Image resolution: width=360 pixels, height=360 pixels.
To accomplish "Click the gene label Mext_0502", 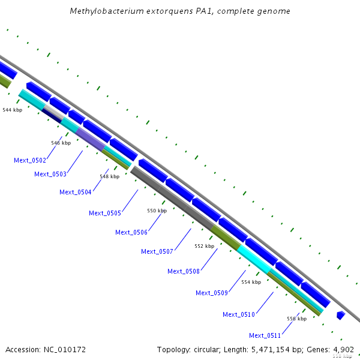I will [x=30, y=160].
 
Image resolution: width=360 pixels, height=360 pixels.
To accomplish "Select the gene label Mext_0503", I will [x=50, y=174].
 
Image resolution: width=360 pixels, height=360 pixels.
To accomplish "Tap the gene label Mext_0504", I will [x=76, y=192].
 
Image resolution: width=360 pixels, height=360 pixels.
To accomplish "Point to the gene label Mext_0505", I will [x=105, y=213].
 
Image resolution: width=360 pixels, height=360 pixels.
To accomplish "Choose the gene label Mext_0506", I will [x=131, y=232].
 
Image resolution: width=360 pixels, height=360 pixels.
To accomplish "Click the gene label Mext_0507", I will [x=157, y=251].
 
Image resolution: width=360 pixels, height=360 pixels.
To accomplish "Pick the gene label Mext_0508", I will [x=184, y=271].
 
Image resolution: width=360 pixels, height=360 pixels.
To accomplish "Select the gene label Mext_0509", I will [x=212, y=293].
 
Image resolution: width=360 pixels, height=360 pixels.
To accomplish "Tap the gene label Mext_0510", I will [x=239, y=314].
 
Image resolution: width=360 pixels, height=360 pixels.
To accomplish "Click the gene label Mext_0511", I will [x=265, y=335].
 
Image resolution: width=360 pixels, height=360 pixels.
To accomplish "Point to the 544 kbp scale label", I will [x=13, y=110].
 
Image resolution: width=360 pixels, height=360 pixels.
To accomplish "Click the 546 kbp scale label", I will [x=61, y=143].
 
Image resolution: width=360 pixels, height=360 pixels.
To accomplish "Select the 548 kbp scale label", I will [x=109, y=176].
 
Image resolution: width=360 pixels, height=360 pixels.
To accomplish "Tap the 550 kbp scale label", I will [x=157, y=211].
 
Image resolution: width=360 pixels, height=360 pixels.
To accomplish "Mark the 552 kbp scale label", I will [x=204, y=246].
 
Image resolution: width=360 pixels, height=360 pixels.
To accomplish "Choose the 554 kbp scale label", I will [x=251, y=282].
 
